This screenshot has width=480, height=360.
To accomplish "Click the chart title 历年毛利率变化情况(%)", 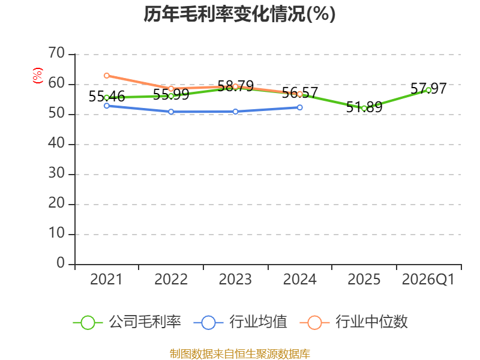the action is (x=239, y=14).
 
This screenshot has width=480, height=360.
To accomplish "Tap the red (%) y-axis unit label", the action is (x=38, y=76).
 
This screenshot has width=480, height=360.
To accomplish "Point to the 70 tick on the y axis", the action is (x=56, y=53).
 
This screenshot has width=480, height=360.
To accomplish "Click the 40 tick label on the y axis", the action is (x=56, y=143).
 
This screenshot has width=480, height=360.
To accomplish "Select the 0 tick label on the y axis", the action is (x=61, y=263).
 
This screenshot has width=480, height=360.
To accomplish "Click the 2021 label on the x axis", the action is (x=106, y=280).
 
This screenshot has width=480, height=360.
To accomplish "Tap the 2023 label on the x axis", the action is (x=235, y=280).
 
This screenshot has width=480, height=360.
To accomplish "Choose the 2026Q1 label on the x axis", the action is (x=428, y=280).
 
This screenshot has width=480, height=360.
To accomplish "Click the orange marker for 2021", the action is (x=107, y=76).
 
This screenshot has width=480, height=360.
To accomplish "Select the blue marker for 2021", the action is (x=107, y=106).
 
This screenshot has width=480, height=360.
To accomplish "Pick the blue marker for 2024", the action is (x=299, y=107).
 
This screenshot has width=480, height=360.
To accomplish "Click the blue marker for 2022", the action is (x=171, y=112).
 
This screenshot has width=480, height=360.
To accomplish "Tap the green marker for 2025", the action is (x=364, y=109).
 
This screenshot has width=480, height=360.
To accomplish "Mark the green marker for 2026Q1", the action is (x=428, y=91).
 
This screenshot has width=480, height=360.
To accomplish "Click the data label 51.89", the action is (x=364, y=107).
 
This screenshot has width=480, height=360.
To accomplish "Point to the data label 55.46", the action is (x=107, y=97).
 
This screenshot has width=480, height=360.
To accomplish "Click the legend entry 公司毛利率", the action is (x=127, y=322).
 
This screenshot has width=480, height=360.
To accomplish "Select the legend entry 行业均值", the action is (x=241, y=322).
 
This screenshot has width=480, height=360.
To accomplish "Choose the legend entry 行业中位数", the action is (x=354, y=322).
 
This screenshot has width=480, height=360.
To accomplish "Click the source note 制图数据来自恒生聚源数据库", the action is (x=240, y=354).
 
